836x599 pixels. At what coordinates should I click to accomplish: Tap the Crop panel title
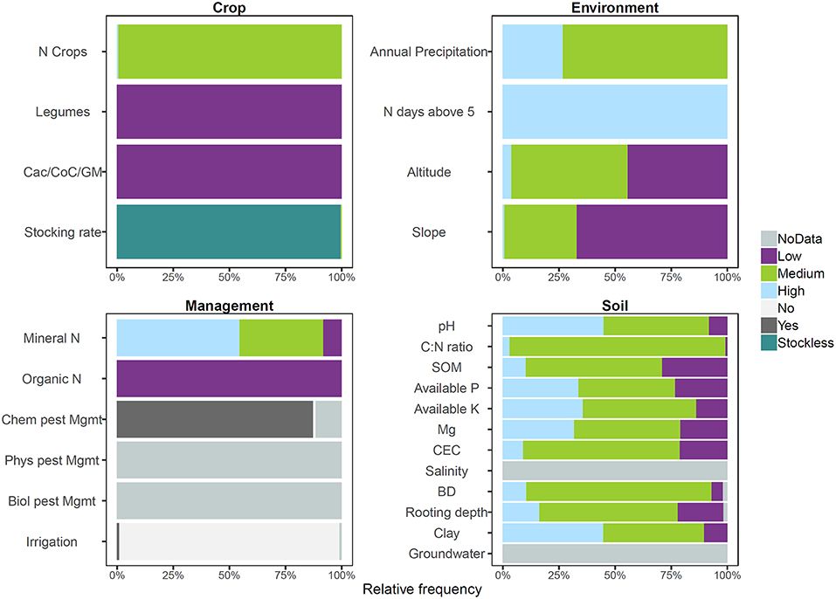tap(229, 8)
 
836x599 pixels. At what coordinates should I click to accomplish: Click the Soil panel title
tap(614, 306)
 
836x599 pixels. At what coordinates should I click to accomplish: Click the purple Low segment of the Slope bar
tap(652, 232)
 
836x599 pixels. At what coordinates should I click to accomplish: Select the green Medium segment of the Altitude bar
tap(569, 172)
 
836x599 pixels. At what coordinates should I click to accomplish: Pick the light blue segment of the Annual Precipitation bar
tap(532, 52)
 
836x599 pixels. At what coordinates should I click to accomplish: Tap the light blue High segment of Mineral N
tap(178, 337)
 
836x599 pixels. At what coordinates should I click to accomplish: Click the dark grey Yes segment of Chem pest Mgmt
tap(215, 420)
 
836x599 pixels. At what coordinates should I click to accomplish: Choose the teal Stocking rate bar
tap(228, 231)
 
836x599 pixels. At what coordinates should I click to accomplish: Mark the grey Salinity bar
tap(614, 471)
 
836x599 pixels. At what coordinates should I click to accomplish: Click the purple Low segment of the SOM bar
tap(694, 367)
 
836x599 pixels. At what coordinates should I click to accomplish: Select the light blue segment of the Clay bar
tap(552, 533)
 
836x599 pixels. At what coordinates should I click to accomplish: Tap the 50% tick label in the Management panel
tap(229, 575)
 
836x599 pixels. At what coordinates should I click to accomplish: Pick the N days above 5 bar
tap(614, 112)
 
